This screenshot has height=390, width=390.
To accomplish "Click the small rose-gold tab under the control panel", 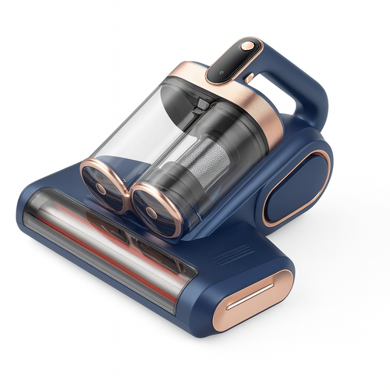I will (250, 79).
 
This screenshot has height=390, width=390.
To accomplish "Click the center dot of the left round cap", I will (101, 188).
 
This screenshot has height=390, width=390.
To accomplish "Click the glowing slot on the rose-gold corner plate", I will (250, 296).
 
